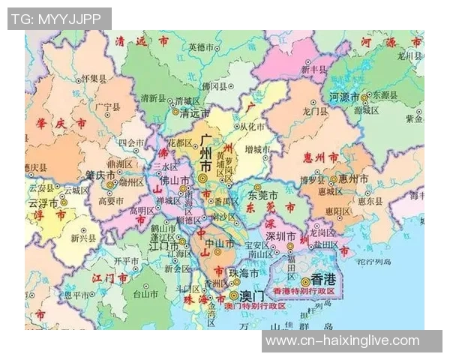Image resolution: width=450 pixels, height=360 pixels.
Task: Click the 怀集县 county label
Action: click(94, 78)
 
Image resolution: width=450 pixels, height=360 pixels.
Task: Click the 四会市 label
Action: click(131, 142)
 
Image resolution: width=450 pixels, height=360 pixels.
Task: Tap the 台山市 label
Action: click(142, 295)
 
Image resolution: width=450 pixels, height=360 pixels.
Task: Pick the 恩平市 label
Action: click(76, 295)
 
